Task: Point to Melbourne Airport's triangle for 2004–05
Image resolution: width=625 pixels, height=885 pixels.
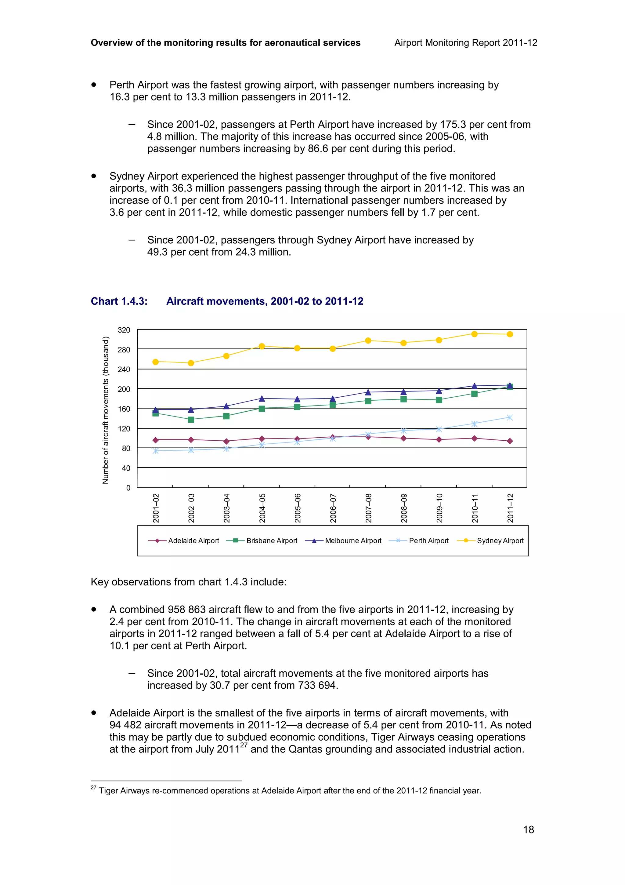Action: (x=262, y=398)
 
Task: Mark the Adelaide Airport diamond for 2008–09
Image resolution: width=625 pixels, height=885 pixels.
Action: (x=403, y=438)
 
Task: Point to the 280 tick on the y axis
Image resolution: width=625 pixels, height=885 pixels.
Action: (x=124, y=350)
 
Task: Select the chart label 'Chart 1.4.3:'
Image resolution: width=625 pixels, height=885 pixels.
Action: (x=119, y=301)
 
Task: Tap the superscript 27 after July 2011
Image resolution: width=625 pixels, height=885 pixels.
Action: (x=244, y=746)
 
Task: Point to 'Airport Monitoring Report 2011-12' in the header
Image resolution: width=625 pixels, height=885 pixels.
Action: (x=466, y=43)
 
